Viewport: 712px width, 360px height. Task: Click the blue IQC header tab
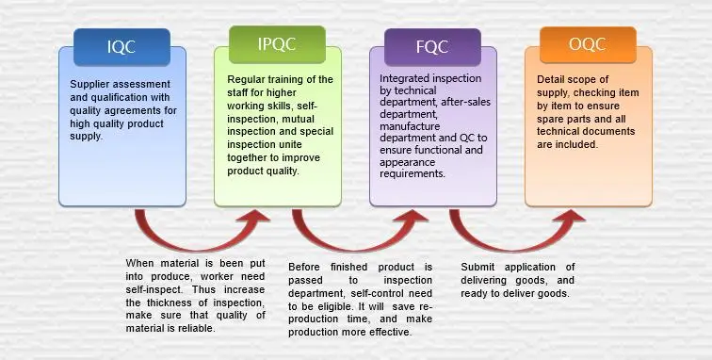click(x=121, y=46)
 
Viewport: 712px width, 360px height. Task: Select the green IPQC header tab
click(x=277, y=43)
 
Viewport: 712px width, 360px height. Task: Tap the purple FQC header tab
click(x=432, y=46)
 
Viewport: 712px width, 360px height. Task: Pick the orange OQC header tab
click(x=587, y=43)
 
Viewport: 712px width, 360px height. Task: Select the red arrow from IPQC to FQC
click(x=356, y=232)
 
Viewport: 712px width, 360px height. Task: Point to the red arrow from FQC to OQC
click(x=514, y=232)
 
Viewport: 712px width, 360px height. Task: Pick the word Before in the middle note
click(x=305, y=268)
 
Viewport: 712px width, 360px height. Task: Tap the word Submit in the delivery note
click(x=479, y=268)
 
